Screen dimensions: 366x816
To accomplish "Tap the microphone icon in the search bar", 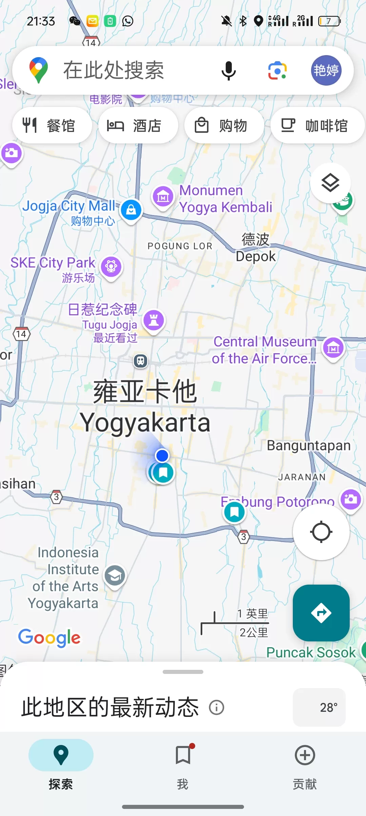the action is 229,70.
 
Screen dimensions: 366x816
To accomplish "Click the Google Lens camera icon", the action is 278,70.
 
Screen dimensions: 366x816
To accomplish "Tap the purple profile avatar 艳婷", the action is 326,70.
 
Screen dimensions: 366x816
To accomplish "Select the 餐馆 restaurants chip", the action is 52,126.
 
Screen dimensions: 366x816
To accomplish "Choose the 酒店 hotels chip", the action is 138,126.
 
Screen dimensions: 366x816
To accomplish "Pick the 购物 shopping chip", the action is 224,126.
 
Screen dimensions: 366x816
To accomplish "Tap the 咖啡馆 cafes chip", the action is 317,126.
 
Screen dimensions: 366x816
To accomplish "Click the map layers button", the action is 330,183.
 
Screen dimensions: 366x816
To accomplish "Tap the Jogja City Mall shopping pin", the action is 131,210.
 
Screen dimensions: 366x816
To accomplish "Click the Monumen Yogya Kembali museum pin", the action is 163,196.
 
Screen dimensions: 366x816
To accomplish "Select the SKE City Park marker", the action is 111,267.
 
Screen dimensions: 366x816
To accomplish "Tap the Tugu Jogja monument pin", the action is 154,320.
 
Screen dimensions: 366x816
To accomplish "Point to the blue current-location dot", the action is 162,455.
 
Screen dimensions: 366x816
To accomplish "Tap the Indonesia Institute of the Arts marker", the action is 115,575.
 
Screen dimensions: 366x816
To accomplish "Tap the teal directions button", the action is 321,613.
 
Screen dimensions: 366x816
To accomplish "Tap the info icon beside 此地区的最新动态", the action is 217,707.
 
